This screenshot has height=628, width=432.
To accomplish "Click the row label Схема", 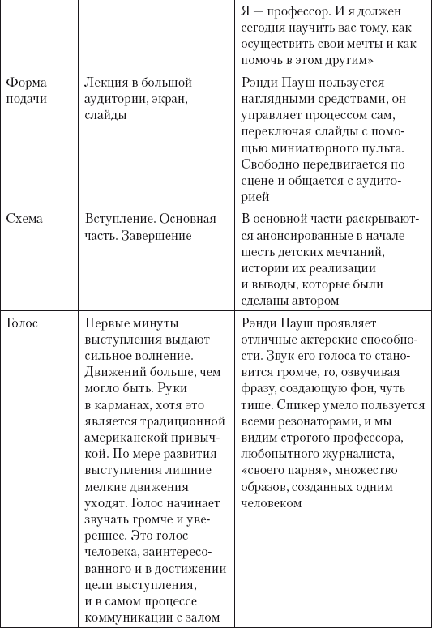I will [x=24, y=220].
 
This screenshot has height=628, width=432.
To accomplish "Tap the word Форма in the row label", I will [x=26, y=83].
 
